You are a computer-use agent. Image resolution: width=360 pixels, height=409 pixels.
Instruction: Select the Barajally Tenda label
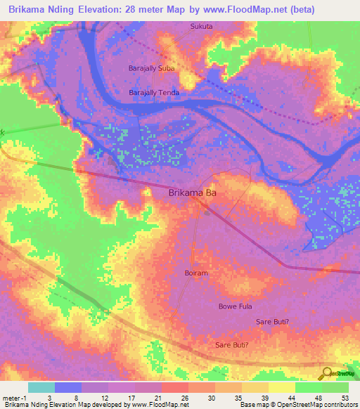(x=154, y=93)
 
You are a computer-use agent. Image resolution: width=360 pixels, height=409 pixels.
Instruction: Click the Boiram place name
(x=196, y=273)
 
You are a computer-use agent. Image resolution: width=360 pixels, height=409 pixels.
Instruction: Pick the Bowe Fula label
(x=235, y=306)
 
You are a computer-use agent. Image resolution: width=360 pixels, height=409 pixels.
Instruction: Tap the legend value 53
(x=345, y=397)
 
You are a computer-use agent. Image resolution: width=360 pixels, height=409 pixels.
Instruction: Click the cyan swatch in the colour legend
(x=41, y=387)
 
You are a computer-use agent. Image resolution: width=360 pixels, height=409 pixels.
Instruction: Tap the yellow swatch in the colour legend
(x=282, y=387)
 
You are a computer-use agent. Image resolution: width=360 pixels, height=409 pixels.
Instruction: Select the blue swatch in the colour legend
(x=68, y=387)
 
